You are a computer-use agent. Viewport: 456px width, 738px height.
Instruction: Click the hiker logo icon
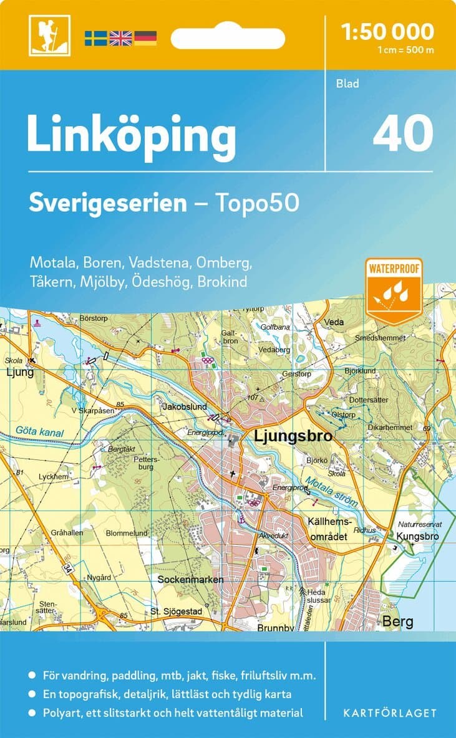click(49, 36)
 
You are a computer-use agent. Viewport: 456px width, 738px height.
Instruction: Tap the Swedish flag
click(95, 38)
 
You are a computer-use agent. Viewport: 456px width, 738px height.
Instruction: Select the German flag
click(145, 38)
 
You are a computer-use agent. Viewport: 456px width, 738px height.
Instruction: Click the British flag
click(120, 38)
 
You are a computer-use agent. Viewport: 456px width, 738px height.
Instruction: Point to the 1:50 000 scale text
click(387, 31)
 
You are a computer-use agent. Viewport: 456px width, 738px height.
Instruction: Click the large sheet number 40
click(403, 132)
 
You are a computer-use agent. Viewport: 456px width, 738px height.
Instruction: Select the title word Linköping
click(131, 135)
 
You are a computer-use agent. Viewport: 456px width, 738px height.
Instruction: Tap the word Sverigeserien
click(108, 203)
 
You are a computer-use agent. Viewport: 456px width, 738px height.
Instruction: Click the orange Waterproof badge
click(395, 289)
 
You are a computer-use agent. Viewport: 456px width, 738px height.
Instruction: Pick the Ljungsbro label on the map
click(293, 437)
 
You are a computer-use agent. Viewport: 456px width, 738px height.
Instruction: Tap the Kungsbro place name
click(417, 536)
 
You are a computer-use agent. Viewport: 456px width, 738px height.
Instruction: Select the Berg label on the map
click(397, 621)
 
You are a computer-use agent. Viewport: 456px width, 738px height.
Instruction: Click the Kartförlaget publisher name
click(389, 712)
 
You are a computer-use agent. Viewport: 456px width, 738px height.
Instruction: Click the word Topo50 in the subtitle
click(256, 203)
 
